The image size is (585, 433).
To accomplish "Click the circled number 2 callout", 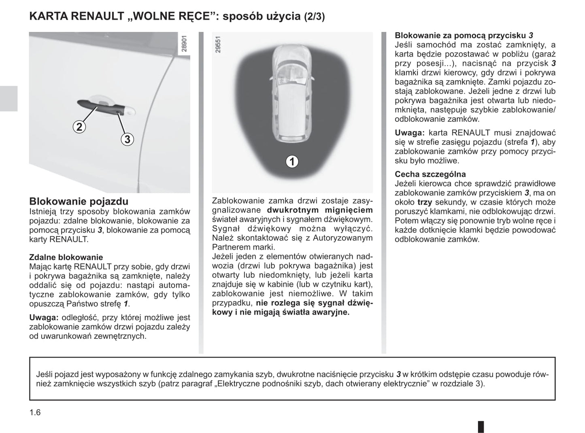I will tap(79, 127).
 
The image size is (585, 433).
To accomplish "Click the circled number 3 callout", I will tap(127, 139).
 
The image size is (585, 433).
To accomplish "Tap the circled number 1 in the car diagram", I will tap(291, 161).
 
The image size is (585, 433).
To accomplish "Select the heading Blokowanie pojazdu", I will tap(79, 202).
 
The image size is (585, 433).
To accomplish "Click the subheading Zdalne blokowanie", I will tap(66, 257).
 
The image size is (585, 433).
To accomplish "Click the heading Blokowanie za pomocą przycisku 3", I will tap(464, 36).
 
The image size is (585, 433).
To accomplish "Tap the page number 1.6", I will tap(35, 412).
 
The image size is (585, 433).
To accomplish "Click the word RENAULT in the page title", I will tap(97, 17).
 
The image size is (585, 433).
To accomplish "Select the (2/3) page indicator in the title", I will tap(314, 17).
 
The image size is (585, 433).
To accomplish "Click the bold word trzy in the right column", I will tap(425, 202).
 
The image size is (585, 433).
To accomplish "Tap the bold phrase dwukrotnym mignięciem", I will tap(320, 210).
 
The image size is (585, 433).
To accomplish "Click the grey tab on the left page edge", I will tap(9, 98).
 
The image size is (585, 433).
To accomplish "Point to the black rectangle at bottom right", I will tap(481, 427).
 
